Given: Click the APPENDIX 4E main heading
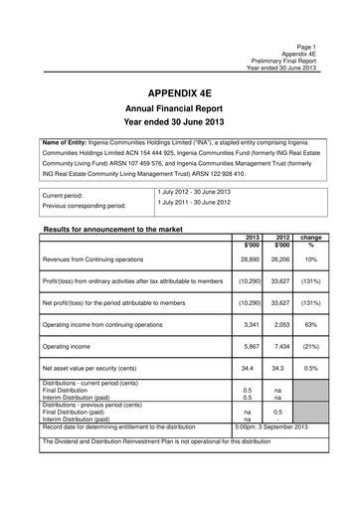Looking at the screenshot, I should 179,92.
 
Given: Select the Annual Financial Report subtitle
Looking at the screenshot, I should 179,111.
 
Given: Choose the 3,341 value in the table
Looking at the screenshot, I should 253,323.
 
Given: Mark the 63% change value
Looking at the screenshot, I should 311,323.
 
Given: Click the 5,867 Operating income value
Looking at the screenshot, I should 253,346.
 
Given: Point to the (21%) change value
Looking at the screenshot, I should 311,346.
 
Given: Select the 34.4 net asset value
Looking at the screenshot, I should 253,368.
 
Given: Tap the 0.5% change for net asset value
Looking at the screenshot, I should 311,368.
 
